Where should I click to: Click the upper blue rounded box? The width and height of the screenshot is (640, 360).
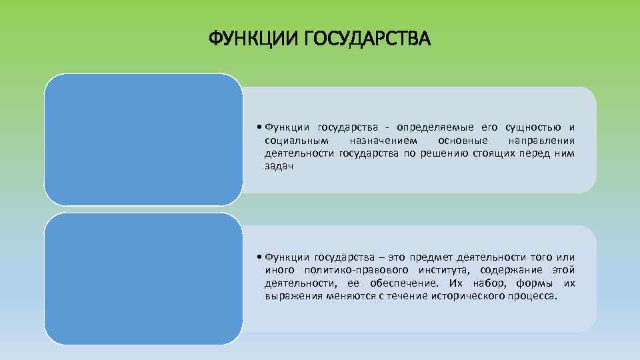(x=143, y=139)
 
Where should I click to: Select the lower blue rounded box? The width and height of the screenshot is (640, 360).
(x=143, y=279)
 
